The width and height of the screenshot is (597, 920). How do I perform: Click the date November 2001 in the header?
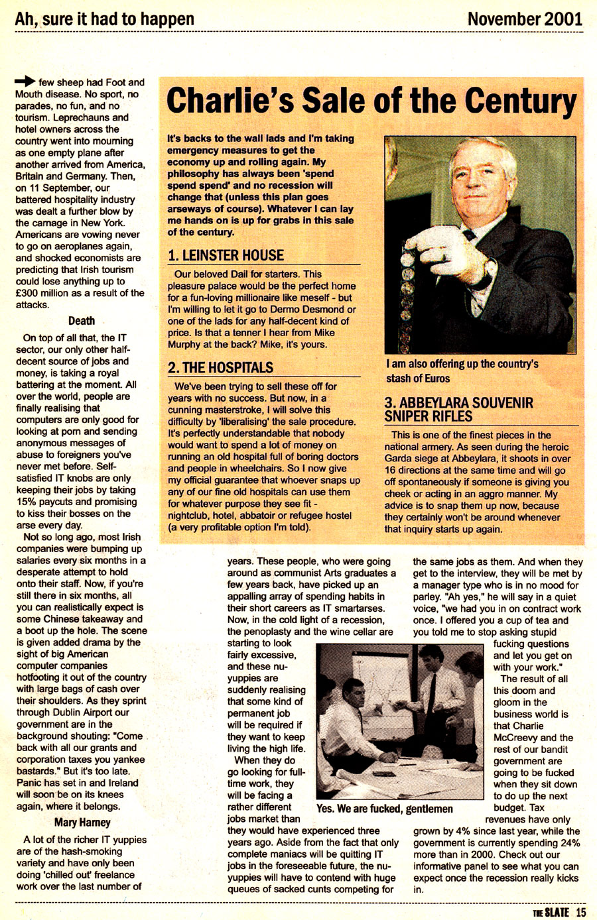[524, 18]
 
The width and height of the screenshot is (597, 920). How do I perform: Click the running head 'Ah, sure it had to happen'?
[105, 18]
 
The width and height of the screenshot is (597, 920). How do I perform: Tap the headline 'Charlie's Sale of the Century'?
[371, 103]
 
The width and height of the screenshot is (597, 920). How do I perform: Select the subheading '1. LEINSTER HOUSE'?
[226, 255]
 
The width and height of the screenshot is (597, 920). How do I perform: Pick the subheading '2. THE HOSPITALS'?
[220, 367]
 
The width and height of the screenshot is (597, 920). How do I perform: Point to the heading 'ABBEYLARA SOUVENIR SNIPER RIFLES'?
[458, 410]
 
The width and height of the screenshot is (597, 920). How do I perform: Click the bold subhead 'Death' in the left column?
[82, 321]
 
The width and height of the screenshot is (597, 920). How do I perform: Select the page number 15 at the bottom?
[580, 912]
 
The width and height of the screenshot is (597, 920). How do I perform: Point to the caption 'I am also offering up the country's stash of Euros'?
[462, 371]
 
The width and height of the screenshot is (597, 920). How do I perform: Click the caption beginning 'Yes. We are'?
[385, 809]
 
